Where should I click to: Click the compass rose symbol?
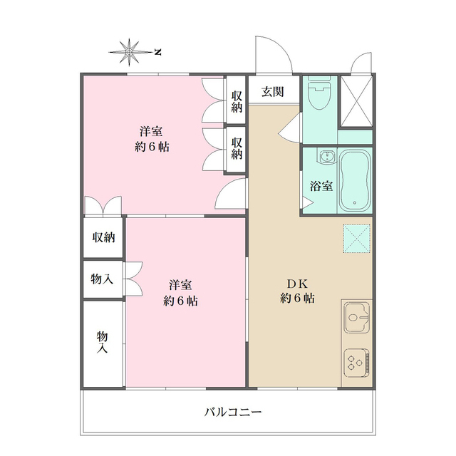(x=130, y=51)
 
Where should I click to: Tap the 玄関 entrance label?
(x=272, y=91)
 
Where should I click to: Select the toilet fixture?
(x=317, y=95)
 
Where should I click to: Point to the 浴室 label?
(x=321, y=187)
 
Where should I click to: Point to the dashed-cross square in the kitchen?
(x=356, y=238)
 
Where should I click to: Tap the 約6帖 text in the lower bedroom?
(x=181, y=300)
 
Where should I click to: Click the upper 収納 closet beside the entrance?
(x=237, y=101)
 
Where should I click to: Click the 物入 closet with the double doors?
(x=102, y=279)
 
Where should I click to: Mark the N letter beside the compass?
(x=158, y=51)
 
